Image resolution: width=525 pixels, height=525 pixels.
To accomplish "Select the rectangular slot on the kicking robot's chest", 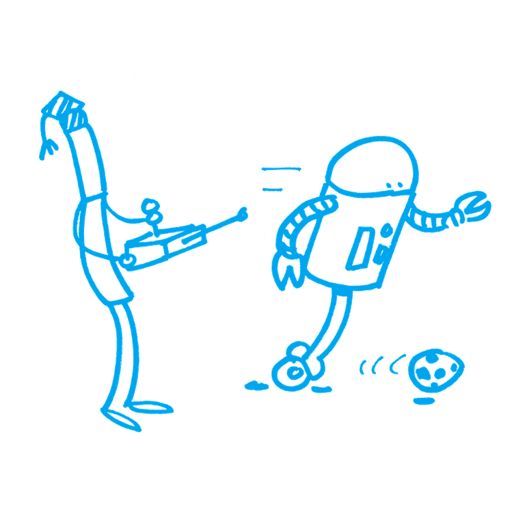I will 361,250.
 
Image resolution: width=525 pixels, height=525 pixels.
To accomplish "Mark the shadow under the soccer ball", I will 425,401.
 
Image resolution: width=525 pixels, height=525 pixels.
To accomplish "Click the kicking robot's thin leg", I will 332,321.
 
